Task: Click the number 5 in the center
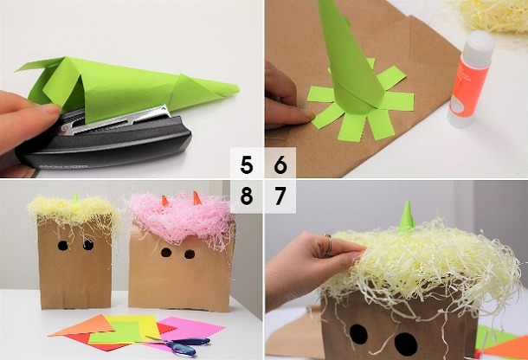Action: pos(248,164)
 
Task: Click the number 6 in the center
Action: pos(280,164)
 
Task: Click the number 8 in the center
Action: pos(248,196)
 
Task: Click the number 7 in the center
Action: pos(280,196)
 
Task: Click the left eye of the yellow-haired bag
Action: pos(63,245)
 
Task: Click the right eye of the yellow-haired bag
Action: pos(87,245)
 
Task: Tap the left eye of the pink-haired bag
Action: pos(166,254)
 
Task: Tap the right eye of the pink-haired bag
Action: pos(190,254)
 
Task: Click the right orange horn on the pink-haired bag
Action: pos(196,198)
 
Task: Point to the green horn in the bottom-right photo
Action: pos(405,216)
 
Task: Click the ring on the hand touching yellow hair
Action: pos(327,245)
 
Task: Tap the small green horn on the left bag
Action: pos(74,197)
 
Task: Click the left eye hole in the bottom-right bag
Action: pos(359,335)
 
